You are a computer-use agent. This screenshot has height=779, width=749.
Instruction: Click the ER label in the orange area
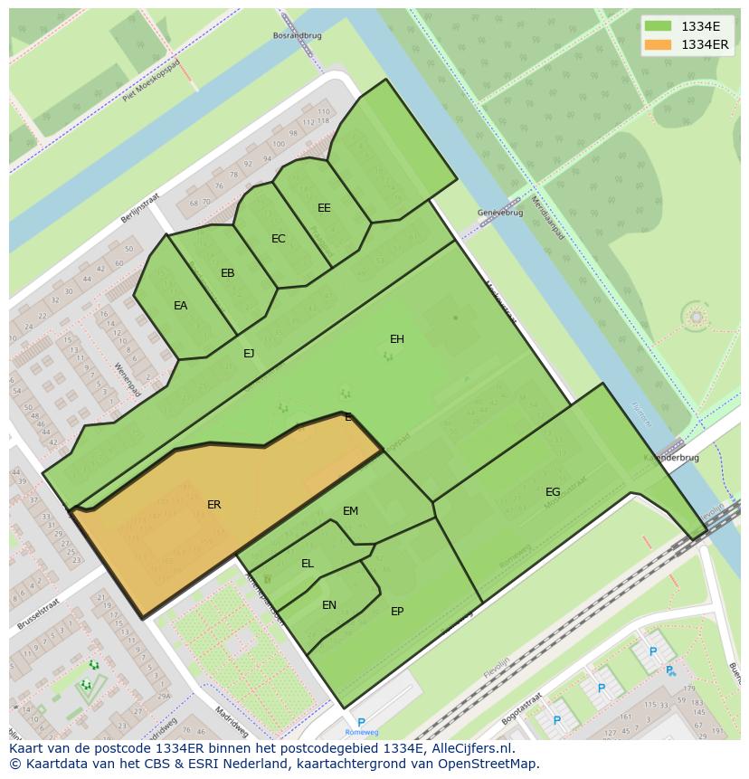213,505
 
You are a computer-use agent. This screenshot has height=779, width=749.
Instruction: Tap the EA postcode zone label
180,306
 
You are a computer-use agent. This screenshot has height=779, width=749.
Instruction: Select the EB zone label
227,273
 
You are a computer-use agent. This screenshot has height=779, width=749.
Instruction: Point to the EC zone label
278,239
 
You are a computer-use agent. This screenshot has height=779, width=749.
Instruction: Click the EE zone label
324,208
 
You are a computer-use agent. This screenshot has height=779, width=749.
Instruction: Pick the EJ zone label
249,354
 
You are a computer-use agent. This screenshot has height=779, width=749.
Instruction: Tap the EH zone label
396,339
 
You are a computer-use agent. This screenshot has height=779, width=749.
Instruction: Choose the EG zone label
552,492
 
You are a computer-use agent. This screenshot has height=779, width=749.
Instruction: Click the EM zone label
350,511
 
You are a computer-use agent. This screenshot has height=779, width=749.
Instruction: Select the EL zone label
307,564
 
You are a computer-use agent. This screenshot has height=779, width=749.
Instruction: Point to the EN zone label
328,605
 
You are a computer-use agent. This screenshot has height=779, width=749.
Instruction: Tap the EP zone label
396,612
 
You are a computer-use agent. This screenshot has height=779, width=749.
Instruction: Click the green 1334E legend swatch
659,26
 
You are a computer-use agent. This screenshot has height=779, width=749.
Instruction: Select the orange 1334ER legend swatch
659,44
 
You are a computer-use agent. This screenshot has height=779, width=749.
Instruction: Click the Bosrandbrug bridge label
297,36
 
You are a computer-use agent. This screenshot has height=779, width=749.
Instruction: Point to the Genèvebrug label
499,213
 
